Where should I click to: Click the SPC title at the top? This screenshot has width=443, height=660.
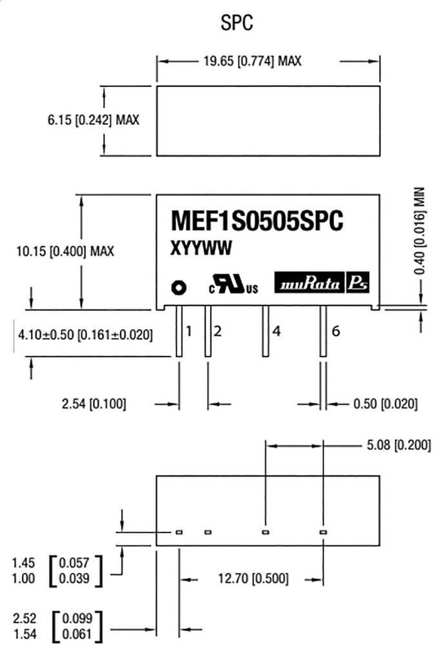point(237,24)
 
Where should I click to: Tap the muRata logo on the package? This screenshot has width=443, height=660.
point(310,284)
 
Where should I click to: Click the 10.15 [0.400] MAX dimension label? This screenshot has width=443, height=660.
point(64,251)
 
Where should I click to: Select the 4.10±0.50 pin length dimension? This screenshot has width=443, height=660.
point(84,335)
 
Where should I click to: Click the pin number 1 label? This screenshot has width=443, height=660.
point(189,332)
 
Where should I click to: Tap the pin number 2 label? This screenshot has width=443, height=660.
point(218,332)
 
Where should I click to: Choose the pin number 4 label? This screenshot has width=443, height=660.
point(276,332)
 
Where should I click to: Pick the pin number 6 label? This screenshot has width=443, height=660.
point(335,332)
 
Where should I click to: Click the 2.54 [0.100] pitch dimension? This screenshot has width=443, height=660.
point(94,405)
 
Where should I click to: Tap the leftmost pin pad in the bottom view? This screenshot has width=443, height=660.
point(179,532)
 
